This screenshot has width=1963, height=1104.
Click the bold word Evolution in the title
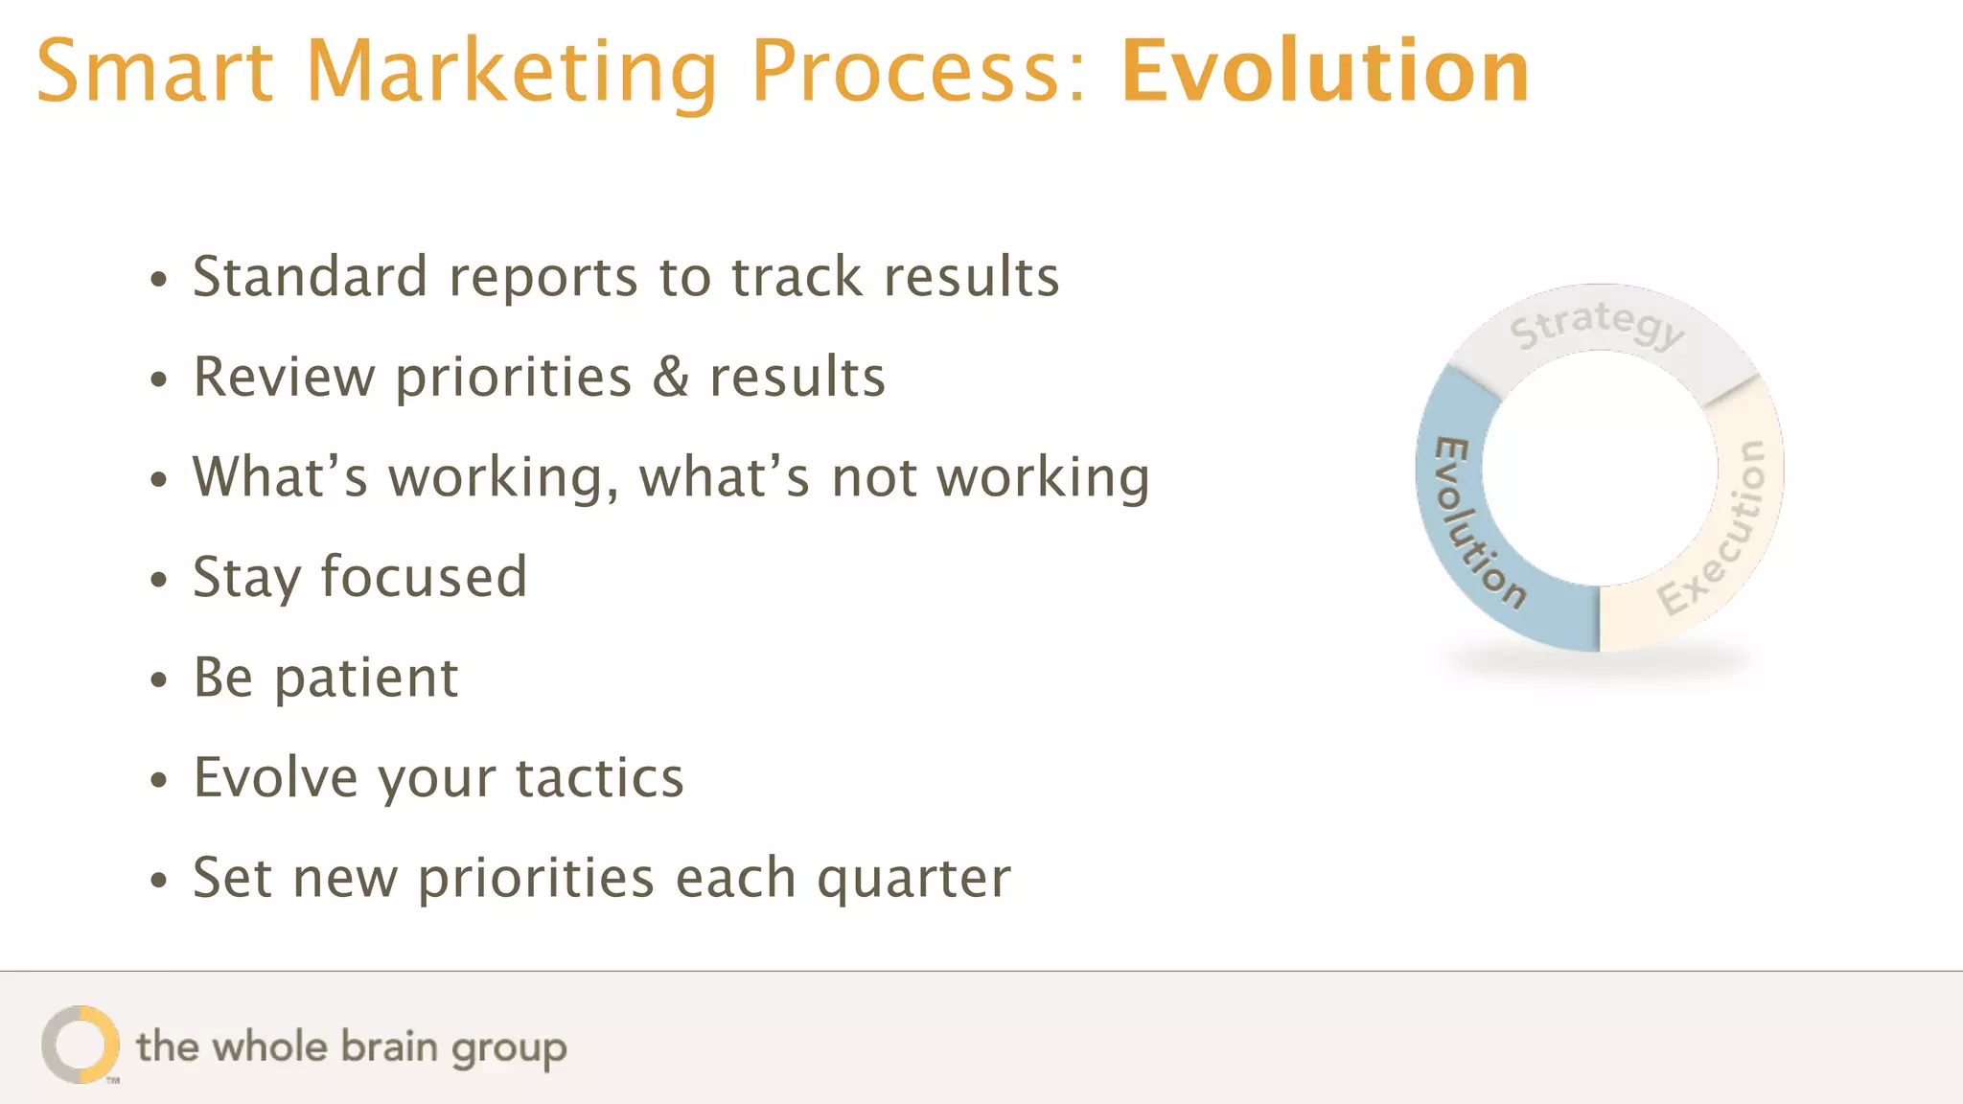[x=1325, y=72]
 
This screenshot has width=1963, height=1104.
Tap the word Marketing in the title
[x=511, y=72]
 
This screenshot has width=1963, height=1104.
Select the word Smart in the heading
[x=154, y=72]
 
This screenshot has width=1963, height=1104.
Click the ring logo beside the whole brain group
[x=81, y=1045]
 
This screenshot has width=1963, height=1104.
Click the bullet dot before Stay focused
[x=159, y=580]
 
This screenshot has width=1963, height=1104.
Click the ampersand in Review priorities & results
[x=671, y=377]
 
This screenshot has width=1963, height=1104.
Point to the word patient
[x=366, y=678]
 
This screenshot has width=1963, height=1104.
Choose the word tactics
[x=600, y=777]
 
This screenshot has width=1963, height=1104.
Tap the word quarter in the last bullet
[x=913, y=878]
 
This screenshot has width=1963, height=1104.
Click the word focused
[x=423, y=577]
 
